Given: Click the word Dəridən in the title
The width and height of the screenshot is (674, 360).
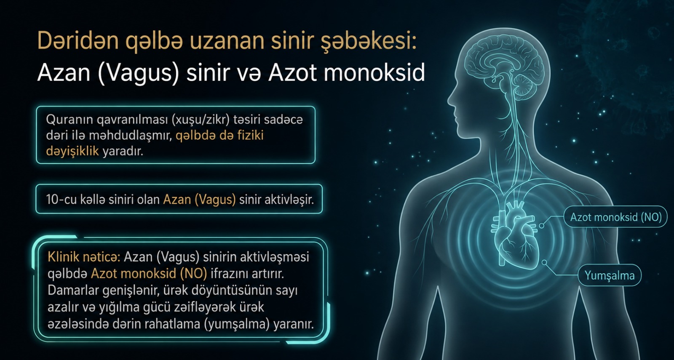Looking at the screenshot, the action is [x=78, y=40].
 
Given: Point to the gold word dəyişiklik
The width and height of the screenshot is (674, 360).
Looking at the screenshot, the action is [x=72, y=151].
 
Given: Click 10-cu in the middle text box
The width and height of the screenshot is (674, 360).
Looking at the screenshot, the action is [x=62, y=200].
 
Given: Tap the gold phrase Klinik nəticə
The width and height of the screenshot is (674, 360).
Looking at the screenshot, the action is [x=84, y=257].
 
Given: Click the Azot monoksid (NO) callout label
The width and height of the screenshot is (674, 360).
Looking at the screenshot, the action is [x=615, y=217].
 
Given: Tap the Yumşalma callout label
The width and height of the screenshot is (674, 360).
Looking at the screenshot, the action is [x=610, y=275].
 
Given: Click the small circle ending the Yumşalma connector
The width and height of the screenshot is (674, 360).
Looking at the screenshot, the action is [x=544, y=263].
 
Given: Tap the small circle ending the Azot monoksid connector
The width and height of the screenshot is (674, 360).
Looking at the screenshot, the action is [x=541, y=226].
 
